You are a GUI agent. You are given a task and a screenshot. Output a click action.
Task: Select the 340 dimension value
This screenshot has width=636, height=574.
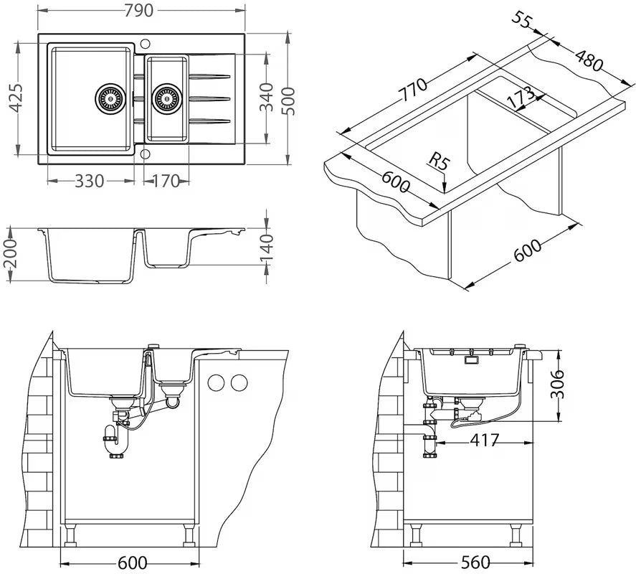coord(266,98)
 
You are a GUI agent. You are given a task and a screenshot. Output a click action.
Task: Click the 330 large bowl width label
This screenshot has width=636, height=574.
coord(89,181)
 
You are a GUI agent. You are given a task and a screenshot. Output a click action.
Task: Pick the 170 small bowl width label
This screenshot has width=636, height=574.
coord(166,181)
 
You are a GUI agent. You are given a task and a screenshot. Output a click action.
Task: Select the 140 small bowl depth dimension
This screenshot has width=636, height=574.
coord(266,247)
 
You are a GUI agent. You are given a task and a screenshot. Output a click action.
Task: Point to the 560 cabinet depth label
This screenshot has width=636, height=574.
coord(471,562)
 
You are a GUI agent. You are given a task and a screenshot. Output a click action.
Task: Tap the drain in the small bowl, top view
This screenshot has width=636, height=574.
coord(166,97)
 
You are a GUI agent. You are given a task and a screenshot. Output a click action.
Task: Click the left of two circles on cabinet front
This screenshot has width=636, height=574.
coord(215,382)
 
